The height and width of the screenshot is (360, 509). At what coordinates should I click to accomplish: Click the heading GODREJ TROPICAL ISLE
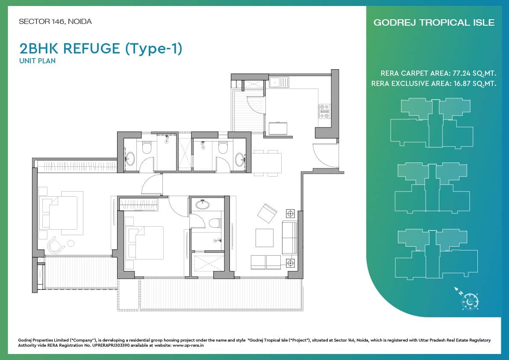click(x=434, y=22)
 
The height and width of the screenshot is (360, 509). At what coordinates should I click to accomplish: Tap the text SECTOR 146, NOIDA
click(x=55, y=21)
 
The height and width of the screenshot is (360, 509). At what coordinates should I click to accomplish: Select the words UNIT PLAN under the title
click(x=37, y=61)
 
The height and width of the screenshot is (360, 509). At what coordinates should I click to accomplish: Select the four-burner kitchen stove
click(x=324, y=111)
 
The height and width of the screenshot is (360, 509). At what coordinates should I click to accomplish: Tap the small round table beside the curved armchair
click(x=71, y=243)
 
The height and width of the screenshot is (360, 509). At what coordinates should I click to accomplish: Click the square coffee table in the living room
click(x=264, y=238)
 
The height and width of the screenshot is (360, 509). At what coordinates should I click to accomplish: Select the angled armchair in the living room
click(x=267, y=213)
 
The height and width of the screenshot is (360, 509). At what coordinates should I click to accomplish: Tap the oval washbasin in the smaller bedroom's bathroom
click(x=202, y=205)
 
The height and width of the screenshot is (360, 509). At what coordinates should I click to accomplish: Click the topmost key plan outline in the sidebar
click(x=431, y=124)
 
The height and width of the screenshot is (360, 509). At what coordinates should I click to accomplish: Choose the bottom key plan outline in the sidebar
click(x=436, y=254)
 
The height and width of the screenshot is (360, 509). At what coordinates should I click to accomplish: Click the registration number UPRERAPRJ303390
click(x=112, y=345)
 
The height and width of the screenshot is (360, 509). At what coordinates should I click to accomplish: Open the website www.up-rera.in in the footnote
click(x=188, y=345)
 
